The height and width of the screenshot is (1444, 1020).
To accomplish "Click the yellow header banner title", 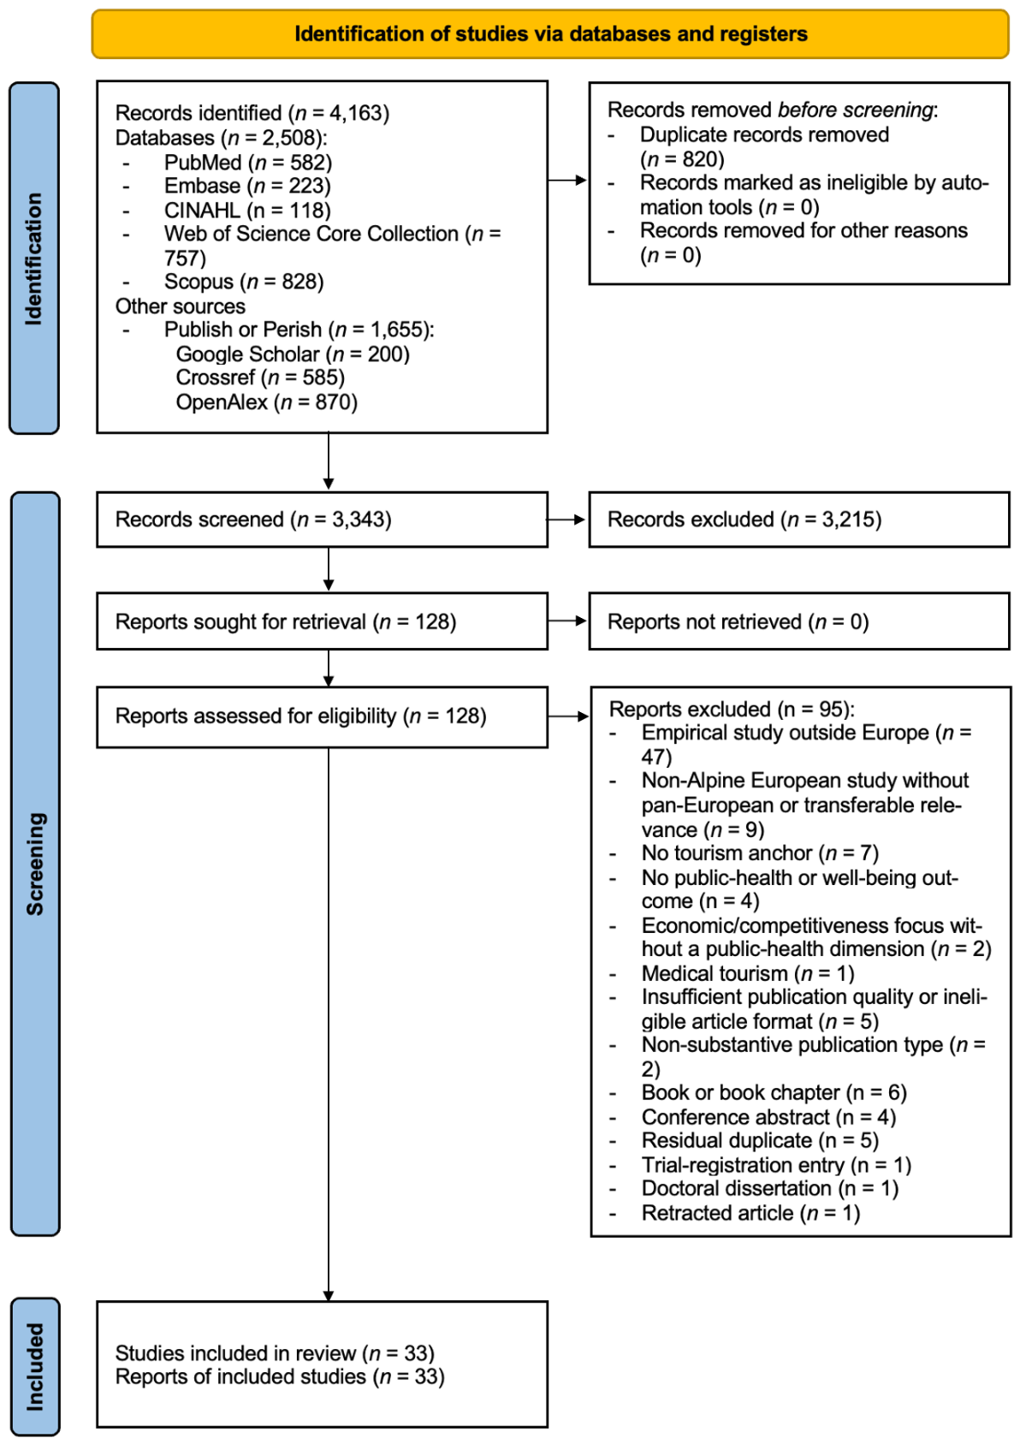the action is pyautogui.click(x=551, y=33).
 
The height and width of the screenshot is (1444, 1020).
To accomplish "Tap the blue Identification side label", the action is pyautogui.click(x=34, y=258).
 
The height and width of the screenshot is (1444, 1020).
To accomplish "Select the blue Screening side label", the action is pyautogui.click(x=35, y=863).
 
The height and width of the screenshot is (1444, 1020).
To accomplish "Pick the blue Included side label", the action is pyautogui.click(x=35, y=1366).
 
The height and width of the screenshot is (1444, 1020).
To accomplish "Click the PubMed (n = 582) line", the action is pyautogui.click(x=248, y=163).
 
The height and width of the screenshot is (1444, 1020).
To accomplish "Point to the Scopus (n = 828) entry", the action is pyautogui.click(x=244, y=282).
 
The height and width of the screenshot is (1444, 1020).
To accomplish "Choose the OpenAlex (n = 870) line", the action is pyautogui.click(x=267, y=401).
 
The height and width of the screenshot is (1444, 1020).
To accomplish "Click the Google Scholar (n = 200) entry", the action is pyautogui.click(x=293, y=354).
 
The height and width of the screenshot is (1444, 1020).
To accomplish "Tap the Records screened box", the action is pyautogui.click(x=323, y=520).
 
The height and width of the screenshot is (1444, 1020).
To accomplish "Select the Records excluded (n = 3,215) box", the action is pyautogui.click(x=799, y=520).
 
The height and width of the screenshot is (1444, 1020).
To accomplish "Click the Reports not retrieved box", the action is pyautogui.click(x=799, y=621).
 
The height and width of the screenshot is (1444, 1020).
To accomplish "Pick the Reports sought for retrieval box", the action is pyautogui.click(x=323, y=621).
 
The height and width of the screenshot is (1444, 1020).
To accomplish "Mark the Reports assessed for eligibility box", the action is pyautogui.click(x=323, y=716).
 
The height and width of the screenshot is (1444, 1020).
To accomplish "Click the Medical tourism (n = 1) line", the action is pyautogui.click(x=747, y=972).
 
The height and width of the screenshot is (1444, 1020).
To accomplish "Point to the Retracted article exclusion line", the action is pyautogui.click(x=750, y=1213).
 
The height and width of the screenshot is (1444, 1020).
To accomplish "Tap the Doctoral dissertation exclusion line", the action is pyautogui.click(x=770, y=1188).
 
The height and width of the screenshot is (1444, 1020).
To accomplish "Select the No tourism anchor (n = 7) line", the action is pyautogui.click(x=761, y=853).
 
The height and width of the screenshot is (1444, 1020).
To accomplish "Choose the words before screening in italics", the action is pyautogui.click(x=855, y=110).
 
